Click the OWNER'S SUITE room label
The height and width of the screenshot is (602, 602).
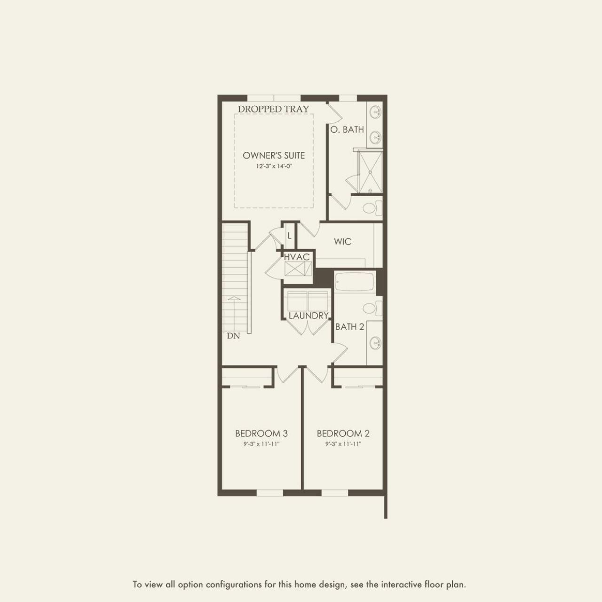click(274, 155)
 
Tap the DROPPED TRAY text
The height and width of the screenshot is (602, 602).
click(273, 109)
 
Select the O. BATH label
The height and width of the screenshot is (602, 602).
click(347, 129)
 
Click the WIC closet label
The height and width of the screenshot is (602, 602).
click(342, 242)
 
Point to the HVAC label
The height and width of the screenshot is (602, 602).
click(297, 257)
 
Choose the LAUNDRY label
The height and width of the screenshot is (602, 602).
click(308, 316)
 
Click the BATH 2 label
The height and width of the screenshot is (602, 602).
click(349, 326)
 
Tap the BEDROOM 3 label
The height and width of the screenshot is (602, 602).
click(261, 433)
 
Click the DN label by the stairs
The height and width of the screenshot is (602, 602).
click(233, 336)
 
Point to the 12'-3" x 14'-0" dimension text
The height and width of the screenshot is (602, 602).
click(274, 166)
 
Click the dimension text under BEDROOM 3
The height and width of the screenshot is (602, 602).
click(261, 444)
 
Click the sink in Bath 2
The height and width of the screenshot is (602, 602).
click(375, 342)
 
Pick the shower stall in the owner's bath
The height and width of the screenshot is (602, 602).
click(370, 171)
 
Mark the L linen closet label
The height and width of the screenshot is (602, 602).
click(289, 236)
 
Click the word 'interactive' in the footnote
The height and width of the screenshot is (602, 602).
click(402, 585)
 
